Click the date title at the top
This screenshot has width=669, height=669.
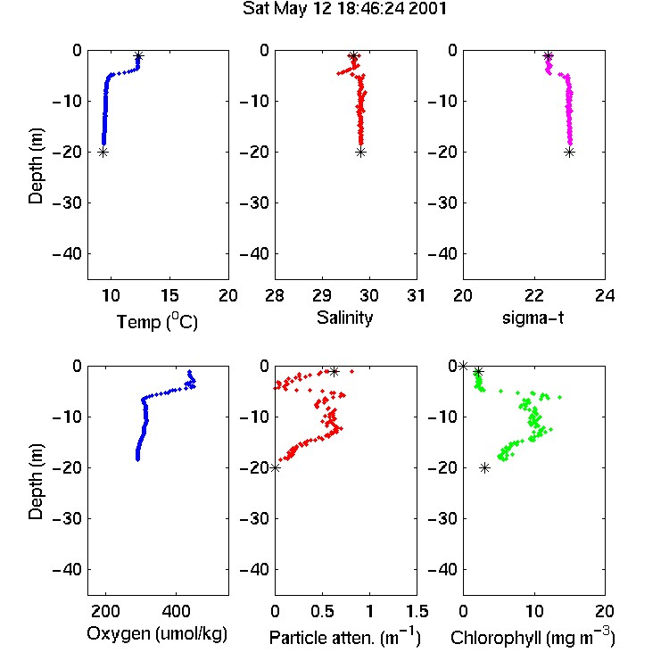tap(344, 9)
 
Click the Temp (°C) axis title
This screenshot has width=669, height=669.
tap(157, 321)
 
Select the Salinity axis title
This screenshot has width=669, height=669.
tap(344, 318)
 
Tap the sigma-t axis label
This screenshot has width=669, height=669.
tap(533, 318)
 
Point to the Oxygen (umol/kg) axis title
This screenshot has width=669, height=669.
tap(157, 633)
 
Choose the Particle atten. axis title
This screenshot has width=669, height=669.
tap(345, 638)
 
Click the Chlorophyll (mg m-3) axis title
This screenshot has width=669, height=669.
tap(533, 638)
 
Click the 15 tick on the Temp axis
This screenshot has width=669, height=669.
tap(169, 295)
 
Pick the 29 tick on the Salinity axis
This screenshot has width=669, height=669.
tap(322, 295)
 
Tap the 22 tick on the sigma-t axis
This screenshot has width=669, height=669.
tap(534, 295)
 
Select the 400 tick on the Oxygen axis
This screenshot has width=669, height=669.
tap(177, 611)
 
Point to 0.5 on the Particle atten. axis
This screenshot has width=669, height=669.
tap(322, 611)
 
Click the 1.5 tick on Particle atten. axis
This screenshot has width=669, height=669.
tap(417, 611)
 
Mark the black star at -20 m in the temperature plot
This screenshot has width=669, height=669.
tap(103, 153)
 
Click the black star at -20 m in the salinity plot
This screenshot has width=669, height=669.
tap(361, 153)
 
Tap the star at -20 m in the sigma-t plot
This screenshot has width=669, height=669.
tap(570, 153)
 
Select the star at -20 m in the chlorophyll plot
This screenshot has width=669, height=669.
tap(484, 468)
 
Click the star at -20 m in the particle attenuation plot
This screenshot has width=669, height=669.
tap(276, 468)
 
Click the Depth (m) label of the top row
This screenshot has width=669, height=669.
tap(36, 166)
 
